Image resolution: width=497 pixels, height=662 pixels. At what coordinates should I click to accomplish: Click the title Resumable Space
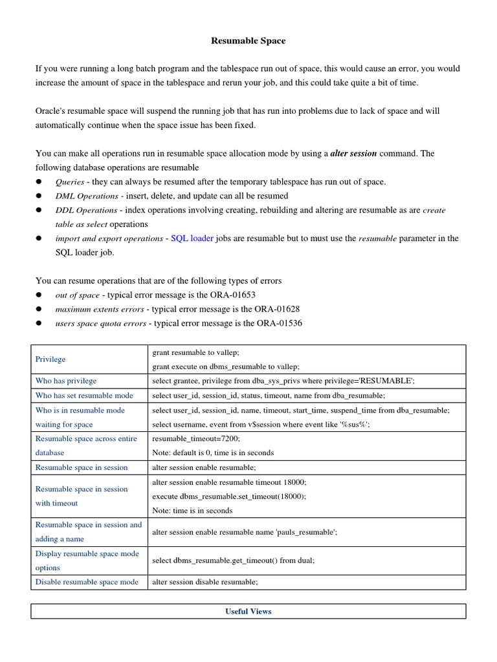(x=248, y=41)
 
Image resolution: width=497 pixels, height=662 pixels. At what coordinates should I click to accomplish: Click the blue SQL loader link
(x=192, y=239)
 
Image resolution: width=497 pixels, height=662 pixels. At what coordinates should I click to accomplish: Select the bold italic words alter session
(x=353, y=154)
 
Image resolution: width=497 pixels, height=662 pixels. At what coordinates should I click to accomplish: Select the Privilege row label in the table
(x=50, y=359)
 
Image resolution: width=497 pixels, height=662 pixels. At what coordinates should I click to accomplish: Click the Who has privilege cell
(x=66, y=381)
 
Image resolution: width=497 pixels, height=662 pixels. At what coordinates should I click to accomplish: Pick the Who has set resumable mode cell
(x=84, y=395)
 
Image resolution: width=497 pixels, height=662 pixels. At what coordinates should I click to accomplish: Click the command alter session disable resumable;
(x=204, y=582)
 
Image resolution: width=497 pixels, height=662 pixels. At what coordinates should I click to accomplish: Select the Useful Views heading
(x=248, y=611)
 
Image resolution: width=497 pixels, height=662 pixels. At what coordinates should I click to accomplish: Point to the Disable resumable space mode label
(x=87, y=582)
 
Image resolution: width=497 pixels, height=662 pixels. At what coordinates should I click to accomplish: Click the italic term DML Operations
(x=87, y=196)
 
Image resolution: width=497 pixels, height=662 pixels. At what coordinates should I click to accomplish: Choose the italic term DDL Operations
(x=87, y=210)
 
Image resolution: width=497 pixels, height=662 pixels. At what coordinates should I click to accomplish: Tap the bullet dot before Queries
(x=39, y=182)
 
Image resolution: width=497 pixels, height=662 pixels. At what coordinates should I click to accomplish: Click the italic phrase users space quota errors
(x=100, y=323)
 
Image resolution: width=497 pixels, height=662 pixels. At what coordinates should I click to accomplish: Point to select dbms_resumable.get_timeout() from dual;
(x=233, y=561)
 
